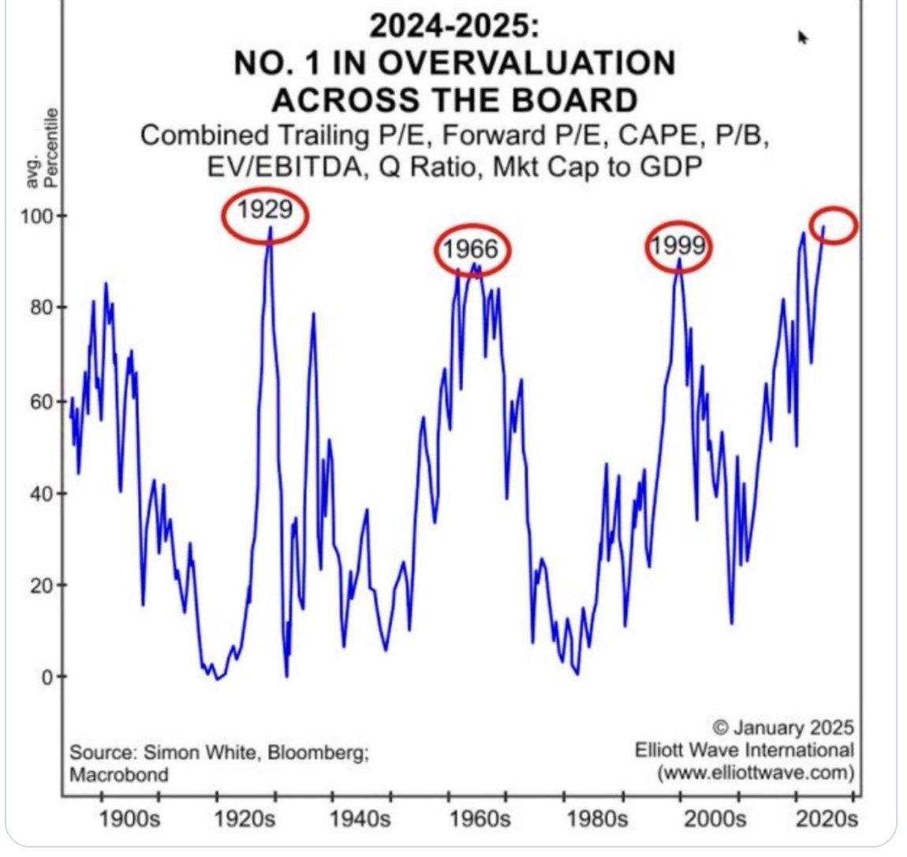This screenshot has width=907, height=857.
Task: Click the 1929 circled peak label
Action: (263, 211)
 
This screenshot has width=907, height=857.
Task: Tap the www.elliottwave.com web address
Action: (756, 772)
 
